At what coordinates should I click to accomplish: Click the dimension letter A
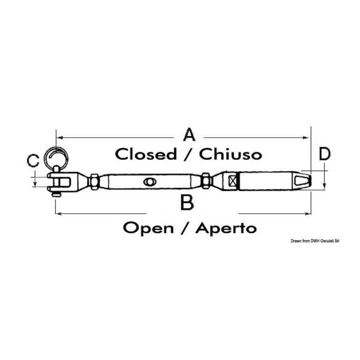pyautogui.click(x=190, y=135)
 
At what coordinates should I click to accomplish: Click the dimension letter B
pyautogui.click(x=187, y=202)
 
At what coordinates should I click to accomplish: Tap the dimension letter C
pyautogui.click(x=33, y=160)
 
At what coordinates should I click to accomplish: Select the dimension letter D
pyautogui.click(x=325, y=154)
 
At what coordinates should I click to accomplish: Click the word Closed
pyautogui.click(x=146, y=154)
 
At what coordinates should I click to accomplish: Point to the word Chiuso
pyautogui.click(x=230, y=154)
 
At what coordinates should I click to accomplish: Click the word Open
pyautogui.click(x=148, y=228)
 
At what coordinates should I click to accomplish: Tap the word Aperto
pyautogui.click(x=226, y=228)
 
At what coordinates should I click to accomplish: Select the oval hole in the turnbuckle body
pyautogui.click(x=150, y=182)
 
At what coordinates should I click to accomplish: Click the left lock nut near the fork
pyautogui.click(x=94, y=181)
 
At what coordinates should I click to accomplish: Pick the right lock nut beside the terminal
pyautogui.click(x=206, y=181)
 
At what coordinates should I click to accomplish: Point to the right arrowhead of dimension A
pyautogui.click(x=306, y=138)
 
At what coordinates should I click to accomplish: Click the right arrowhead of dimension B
pyautogui.click(x=307, y=214)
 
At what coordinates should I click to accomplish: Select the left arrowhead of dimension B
pyautogui.click(x=59, y=214)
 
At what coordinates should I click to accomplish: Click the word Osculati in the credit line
pyautogui.click(x=326, y=241)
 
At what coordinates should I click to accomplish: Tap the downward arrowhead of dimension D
pyautogui.click(x=324, y=186)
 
